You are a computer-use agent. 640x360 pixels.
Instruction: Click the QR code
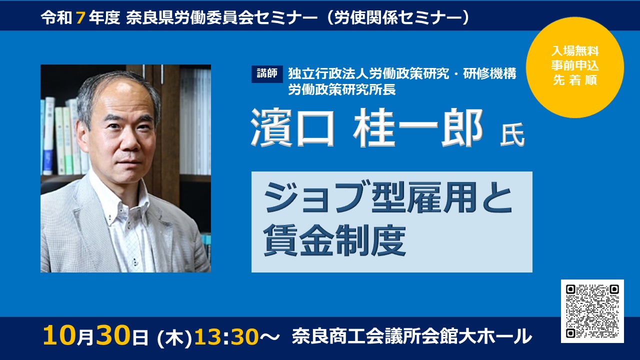pyautogui.click(x=592, y=311)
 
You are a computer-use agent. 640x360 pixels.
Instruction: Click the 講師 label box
pyautogui.click(x=267, y=74)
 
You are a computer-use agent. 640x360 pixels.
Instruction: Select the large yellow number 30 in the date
pyautogui.click(x=112, y=335)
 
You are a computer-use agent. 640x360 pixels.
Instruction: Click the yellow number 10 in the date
pyautogui.click(x=59, y=335)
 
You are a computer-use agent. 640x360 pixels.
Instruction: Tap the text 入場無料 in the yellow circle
pyautogui.click(x=575, y=51)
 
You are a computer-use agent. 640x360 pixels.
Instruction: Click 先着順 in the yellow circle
pyautogui.click(x=575, y=80)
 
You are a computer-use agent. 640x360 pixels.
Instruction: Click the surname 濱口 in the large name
pyautogui.click(x=293, y=127)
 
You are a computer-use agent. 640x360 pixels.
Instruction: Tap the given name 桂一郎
pyautogui.click(x=417, y=127)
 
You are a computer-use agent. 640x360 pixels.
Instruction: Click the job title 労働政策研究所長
pyautogui.click(x=342, y=89)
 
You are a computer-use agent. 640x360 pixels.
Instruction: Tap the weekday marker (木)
pyautogui.click(x=174, y=337)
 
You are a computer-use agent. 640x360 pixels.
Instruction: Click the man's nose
pyautogui.click(x=131, y=140)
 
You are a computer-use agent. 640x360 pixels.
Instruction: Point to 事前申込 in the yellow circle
pyautogui.click(x=575, y=65)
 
